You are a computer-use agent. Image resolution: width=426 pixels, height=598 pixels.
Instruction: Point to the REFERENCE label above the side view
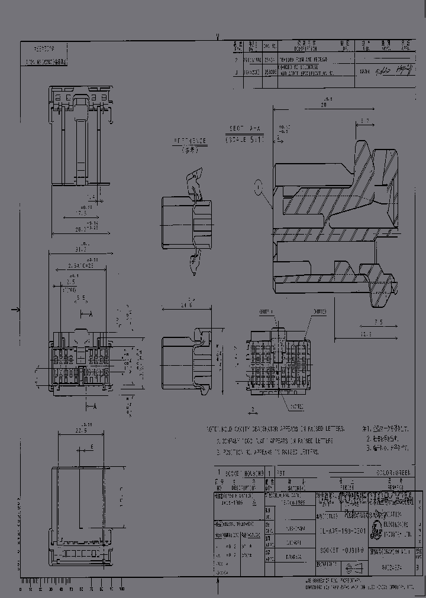191,142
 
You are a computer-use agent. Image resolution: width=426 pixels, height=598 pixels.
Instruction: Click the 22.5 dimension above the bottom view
81,430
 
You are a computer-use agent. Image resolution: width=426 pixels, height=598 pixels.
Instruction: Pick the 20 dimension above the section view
324,105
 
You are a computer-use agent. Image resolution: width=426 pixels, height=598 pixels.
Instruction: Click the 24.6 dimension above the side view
187,305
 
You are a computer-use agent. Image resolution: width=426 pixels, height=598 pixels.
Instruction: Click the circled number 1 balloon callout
257,187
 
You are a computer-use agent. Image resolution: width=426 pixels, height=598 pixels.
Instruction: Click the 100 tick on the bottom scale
122,590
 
